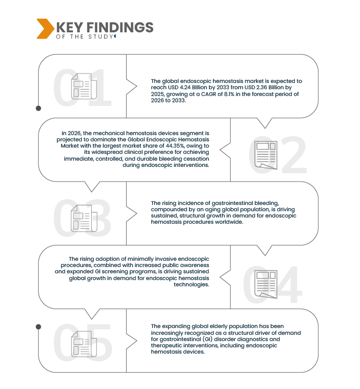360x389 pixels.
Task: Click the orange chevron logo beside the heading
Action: click(45, 29)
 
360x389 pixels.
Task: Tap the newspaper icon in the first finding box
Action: click(84, 87)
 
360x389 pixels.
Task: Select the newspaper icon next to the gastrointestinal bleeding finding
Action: click(84, 217)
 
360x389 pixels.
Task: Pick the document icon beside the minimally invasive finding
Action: click(266, 284)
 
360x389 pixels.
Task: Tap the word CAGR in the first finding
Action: click(225, 93)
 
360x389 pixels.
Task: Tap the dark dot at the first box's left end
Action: click(38, 108)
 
